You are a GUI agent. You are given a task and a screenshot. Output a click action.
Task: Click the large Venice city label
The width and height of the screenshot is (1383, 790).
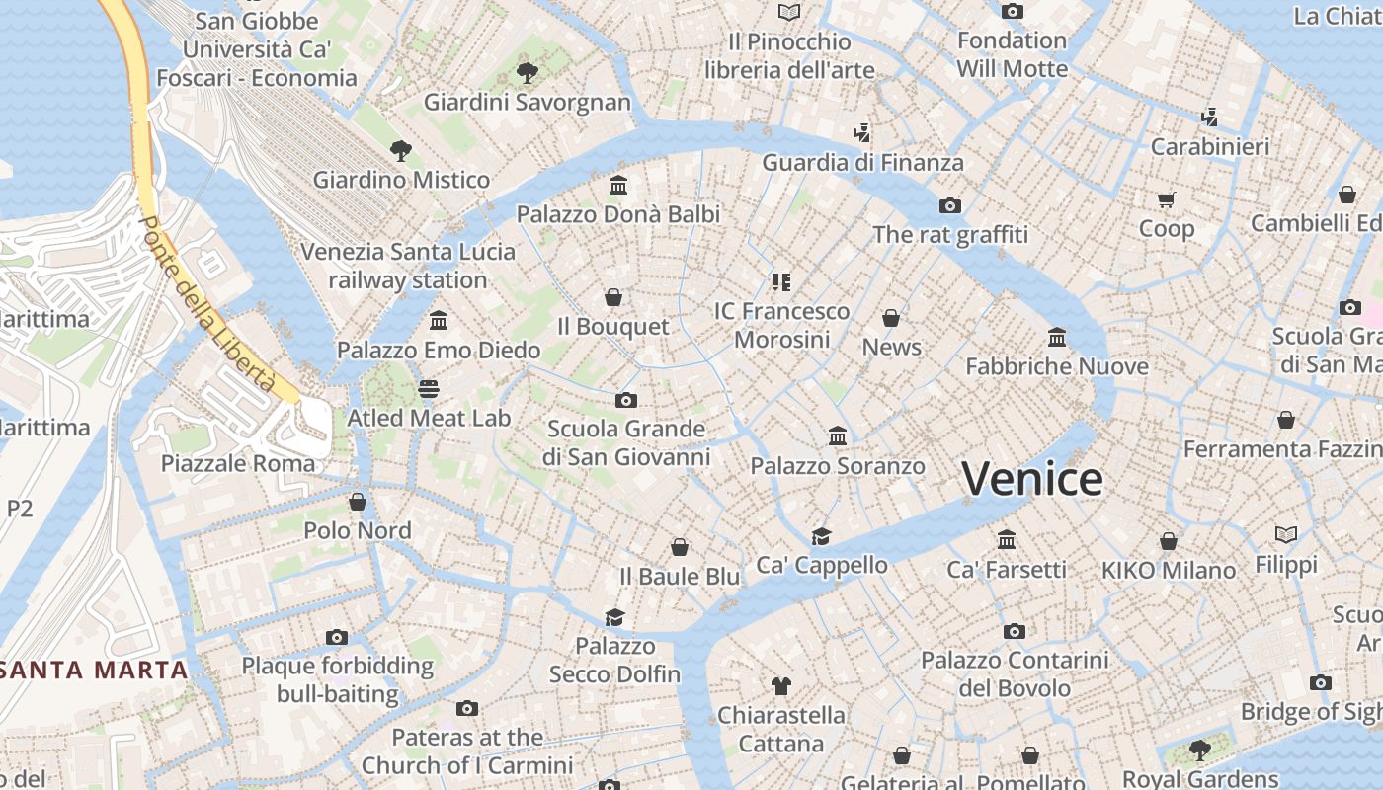[x=1032, y=480]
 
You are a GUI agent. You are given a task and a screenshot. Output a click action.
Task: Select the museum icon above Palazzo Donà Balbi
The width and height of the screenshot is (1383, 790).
[x=618, y=186]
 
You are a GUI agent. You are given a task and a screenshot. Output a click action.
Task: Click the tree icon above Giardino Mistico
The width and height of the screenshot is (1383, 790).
[x=400, y=151]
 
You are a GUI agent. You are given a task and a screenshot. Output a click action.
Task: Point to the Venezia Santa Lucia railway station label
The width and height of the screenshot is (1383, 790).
[x=408, y=266]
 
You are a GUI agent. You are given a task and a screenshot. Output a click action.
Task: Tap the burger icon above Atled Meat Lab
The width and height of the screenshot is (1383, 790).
[x=429, y=389]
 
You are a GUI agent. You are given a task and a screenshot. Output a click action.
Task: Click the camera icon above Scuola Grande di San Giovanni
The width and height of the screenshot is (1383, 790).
[x=625, y=400]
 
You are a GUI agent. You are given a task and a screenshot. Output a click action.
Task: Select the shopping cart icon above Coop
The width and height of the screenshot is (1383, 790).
[x=1166, y=200]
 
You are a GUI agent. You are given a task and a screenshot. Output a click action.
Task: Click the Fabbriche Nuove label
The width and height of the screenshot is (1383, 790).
[x=1056, y=367]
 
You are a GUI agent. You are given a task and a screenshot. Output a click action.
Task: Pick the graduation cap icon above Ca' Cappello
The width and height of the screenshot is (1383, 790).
[x=821, y=536]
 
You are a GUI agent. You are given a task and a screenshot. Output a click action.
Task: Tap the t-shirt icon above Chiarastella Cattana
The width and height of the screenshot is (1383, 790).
[x=780, y=685]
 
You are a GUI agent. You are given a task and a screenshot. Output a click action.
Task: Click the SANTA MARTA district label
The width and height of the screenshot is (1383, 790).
[x=94, y=671]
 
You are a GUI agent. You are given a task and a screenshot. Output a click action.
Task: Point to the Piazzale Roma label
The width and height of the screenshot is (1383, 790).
[x=238, y=463]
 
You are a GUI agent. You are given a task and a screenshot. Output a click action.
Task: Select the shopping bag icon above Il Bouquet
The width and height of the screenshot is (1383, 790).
[x=613, y=297]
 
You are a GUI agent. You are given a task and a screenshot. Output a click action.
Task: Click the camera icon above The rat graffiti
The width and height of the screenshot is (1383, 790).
[x=949, y=205]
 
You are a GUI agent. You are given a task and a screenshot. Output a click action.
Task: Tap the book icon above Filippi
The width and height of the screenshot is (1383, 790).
[x=1285, y=535]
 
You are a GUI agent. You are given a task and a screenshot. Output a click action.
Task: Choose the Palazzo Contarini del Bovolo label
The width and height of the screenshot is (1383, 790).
[x=1015, y=673]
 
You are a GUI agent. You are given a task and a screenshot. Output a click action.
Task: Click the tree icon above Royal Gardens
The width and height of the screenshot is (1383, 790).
[x=1199, y=750]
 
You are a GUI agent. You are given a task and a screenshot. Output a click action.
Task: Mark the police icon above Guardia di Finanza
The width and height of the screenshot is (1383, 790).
[x=861, y=133]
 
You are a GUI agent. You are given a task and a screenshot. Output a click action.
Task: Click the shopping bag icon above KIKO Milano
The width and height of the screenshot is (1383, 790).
[x=1169, y=541]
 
